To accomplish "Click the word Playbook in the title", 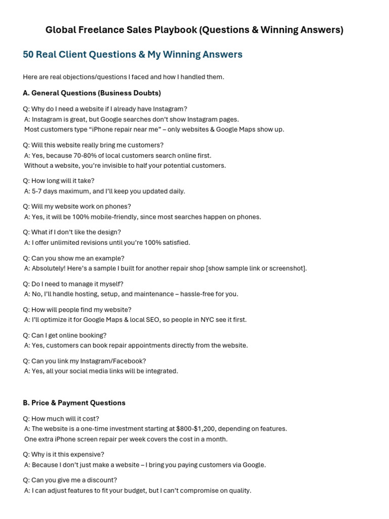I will click(x=173, y=30).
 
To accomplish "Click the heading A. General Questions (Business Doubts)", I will click(x=92, y=93).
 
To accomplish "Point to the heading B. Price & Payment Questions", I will click(x=74, y=403).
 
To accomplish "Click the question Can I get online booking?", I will click(x=65, y=336).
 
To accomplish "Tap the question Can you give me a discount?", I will click(x=70, y=480).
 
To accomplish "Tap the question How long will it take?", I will click(x=59, y=181).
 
